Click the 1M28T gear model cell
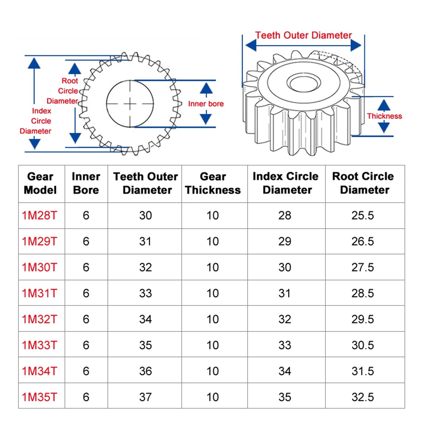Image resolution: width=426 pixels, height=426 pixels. coord(39,215)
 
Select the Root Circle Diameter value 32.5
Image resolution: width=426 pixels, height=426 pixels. coord(363,397)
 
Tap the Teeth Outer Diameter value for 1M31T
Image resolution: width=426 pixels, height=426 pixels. coord(145,293)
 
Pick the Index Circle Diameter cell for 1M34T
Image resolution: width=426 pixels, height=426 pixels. coord(285,371)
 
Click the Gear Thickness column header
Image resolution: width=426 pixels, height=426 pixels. coord(213,183)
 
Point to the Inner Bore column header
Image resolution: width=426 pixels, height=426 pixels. coord(86,183)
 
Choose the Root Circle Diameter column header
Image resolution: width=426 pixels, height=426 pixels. coord(363,183)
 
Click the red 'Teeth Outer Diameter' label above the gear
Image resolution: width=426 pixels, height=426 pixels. coord(304,35)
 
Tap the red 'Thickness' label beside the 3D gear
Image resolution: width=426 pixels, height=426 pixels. coord(384,116)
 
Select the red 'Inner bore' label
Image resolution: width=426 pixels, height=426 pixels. coord(206,104)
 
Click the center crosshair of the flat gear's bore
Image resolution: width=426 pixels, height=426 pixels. coord(130,104)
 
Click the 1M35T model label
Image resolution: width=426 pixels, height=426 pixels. coord(39,397)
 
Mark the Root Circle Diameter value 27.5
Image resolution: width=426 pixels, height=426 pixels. coord(363,267)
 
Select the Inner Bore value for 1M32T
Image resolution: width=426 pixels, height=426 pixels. coord(86,319)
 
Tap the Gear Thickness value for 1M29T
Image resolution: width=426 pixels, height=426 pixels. coord(212,241)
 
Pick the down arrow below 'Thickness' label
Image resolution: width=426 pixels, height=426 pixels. coord(384,128)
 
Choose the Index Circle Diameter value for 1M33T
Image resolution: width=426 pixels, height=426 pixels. coord(285,345)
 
